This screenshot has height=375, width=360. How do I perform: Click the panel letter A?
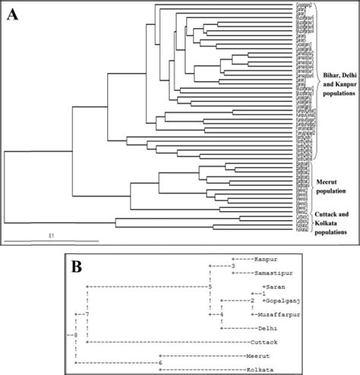click(x=13, y=13)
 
